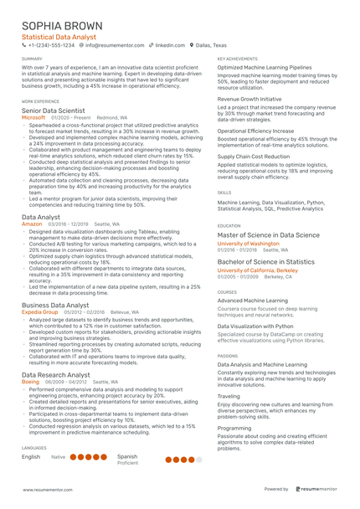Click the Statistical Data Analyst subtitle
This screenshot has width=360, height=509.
coord(59,37)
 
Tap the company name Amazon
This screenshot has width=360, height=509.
coord(32,224)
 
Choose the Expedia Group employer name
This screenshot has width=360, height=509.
coord(39,311)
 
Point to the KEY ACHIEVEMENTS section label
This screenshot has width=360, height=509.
coord(237,59)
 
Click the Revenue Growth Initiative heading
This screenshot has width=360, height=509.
coord(250,99)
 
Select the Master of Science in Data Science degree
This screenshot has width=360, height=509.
coord(268,236)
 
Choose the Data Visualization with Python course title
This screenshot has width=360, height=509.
coord(255,326)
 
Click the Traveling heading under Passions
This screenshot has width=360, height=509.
coord(229,396)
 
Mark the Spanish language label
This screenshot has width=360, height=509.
coord(127,456)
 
